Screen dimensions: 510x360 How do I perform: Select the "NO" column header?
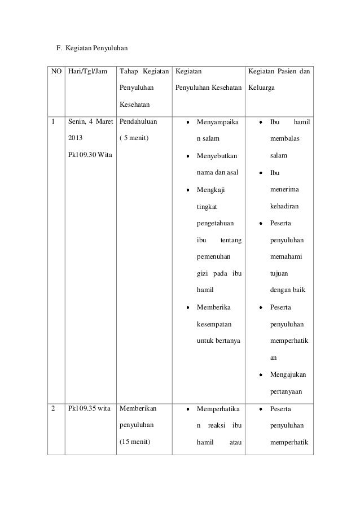pos(55,72)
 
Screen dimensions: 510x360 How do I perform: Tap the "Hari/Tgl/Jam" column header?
pos(87,72)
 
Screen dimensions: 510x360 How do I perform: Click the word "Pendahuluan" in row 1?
pos(138,121)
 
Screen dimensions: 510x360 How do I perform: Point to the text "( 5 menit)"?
pos(134,138)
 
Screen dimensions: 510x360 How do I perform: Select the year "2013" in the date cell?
pos(75,138)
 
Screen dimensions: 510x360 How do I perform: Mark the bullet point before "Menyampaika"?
pos(189,121)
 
